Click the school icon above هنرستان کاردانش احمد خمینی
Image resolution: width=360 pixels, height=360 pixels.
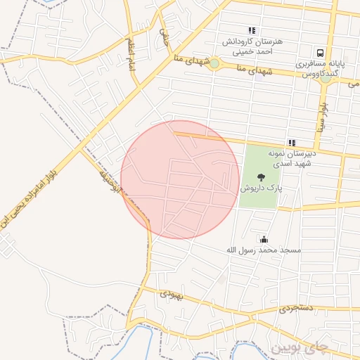click(x=252, y=30)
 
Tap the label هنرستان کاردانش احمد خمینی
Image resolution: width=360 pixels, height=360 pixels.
click(x=252, y=46)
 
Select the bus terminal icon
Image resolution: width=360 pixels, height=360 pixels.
click(x=320, y=52)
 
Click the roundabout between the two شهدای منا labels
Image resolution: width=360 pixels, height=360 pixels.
click(x=214, y=64)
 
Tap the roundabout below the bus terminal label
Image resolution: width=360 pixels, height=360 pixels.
click(x=325, y=78)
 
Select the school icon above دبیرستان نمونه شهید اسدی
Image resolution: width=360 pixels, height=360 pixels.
click(x=292, y=143)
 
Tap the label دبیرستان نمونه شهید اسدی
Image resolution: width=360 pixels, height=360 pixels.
click(x=292, y=157)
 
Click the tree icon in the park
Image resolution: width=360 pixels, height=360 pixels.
click(x=262, y=177)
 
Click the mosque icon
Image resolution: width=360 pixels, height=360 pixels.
click(x=264, y=239)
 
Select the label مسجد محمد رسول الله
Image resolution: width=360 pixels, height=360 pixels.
click(x=264, y=250)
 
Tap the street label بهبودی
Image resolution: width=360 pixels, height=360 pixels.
click(x=171, y=295)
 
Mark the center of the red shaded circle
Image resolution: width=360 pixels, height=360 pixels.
click(x=180, y=179)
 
